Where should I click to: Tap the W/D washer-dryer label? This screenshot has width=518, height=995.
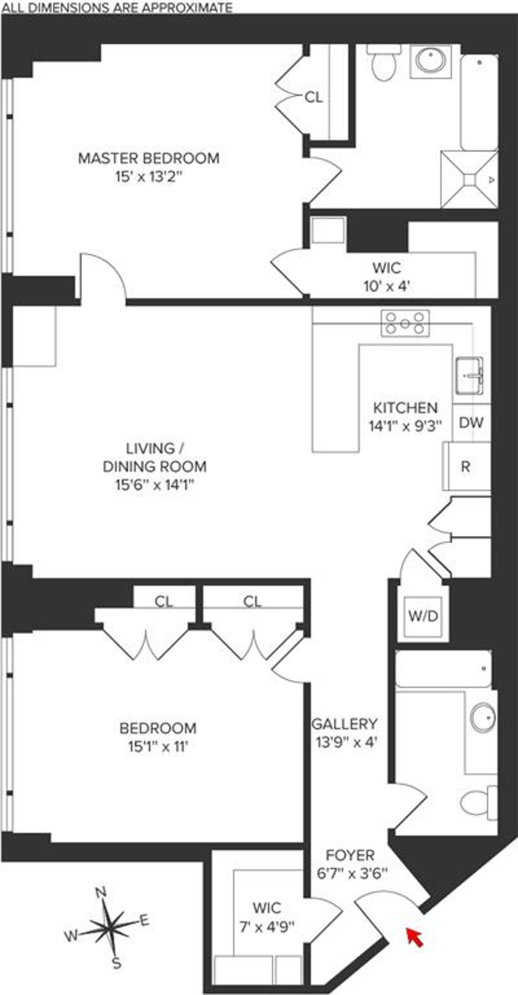coord(423,615)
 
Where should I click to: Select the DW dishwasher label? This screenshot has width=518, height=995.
coord(471,422)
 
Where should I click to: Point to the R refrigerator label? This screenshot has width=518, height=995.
coord(466,466)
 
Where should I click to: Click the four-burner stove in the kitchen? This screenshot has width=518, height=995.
coord(405,323)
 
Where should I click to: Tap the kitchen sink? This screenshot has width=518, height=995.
coord(469,375)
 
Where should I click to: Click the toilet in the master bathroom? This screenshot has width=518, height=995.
coord(385,63)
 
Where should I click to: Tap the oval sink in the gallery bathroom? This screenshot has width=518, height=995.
coord(483,717)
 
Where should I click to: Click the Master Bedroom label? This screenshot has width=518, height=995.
coord(149,158)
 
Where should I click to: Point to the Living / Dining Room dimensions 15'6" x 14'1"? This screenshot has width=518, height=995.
coord(155,485)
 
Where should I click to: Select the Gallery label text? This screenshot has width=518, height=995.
coord(344,724)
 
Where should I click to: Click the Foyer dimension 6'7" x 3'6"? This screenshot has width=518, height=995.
coord(352,874)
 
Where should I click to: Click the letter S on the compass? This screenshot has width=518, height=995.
coord(117,963)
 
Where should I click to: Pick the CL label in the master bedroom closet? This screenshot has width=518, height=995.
coord(314,97)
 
